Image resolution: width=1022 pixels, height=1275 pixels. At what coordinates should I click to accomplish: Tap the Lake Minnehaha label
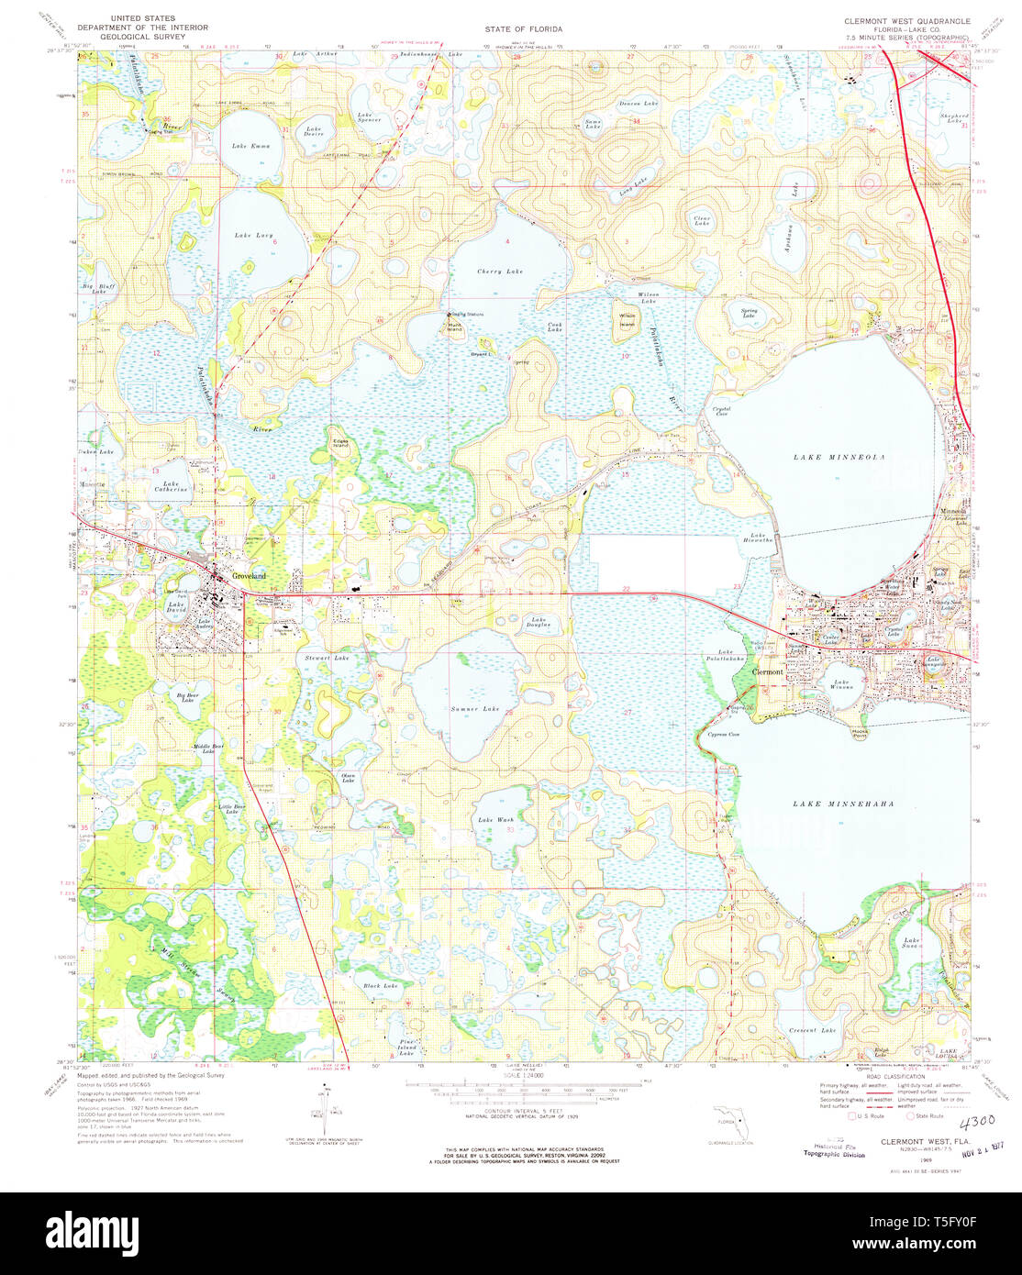coord(842,804)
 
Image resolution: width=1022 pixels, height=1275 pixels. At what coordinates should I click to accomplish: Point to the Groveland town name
coord(249,575)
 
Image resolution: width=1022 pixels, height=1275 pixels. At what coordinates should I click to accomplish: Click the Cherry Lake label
coord(500,272)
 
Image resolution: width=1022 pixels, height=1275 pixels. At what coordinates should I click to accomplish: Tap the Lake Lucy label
coord(253,236)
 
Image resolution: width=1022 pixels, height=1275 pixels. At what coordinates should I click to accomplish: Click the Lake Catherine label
coord(171,487)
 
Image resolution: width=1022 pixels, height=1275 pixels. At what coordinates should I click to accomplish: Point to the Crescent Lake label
coord(812,1031)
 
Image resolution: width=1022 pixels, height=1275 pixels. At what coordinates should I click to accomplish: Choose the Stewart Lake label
coord(328,658)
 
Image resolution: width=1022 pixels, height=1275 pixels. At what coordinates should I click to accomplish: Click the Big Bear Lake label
coord(187,697)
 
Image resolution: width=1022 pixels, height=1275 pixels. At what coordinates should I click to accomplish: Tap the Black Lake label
coord(381,986)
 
